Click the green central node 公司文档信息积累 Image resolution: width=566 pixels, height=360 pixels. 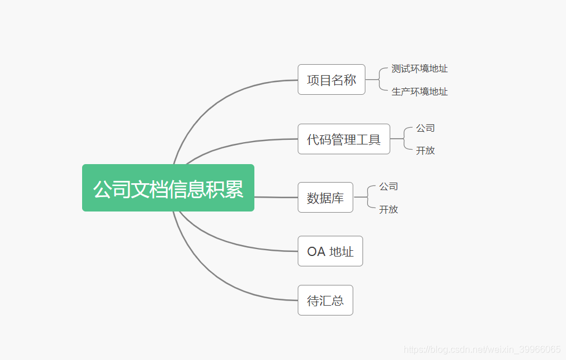point(168,188)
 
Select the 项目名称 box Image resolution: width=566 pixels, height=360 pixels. point(331,80)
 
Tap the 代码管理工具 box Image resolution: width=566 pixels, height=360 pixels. point(343,139)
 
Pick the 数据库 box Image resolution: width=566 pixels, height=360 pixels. point(325,198)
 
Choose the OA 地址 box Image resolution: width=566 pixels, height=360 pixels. point(330,251)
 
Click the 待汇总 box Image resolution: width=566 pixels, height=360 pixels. point(325,300)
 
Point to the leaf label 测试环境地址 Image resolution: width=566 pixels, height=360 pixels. point(419,69)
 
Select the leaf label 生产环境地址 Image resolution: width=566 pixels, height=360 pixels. point(419,92)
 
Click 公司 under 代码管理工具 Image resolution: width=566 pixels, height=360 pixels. point(425,128)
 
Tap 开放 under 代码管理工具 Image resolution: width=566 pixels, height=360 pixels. point(425,151)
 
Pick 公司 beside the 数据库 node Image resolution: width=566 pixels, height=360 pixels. point(389,187)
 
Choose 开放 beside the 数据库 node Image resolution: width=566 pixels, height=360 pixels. point(389,210)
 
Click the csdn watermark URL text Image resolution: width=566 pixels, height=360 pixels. point(482,350)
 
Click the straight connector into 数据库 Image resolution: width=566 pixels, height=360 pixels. point(276,197)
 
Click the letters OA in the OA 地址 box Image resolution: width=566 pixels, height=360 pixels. point(316,252)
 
